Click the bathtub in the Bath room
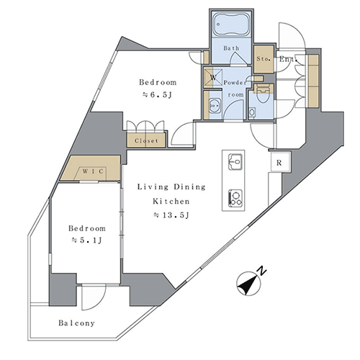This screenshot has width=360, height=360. pos(231,24)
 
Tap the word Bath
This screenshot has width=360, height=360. pos(231,48)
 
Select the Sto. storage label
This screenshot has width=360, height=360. pos(264,58)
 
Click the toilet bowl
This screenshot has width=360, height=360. pos(264,95)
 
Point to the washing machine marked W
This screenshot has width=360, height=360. pos(213,78)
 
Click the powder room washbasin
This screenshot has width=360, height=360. pos(215,106)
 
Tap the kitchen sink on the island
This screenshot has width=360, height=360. pos(235,162)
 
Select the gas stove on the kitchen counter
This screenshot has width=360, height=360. pos(235,197)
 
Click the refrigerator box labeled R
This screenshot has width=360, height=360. pos(279,162)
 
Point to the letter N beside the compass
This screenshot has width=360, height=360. pos(262,271)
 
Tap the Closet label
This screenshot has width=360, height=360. pos(146,140)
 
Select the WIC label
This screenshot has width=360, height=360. pos(93,171)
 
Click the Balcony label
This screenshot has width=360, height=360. pos(77,323)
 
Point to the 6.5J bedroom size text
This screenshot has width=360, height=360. pos(157,95)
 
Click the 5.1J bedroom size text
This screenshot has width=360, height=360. pos(87,240)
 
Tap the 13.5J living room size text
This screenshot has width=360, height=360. pos(171,215)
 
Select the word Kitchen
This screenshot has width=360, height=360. pos(171,201)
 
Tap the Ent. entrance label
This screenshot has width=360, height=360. pos(288,59)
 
